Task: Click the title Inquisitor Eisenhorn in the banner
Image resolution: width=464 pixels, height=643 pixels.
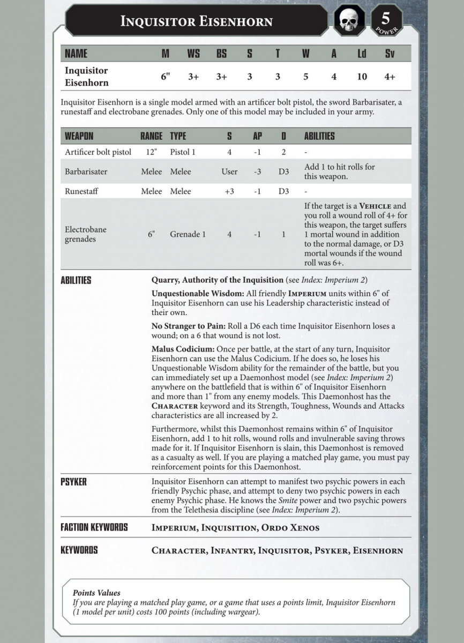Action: (196, 21)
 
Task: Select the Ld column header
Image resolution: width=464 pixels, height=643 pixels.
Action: (362, 54)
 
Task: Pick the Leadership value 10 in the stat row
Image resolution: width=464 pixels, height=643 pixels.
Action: (362, 77)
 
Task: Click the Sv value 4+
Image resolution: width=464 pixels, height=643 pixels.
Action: (390, 77)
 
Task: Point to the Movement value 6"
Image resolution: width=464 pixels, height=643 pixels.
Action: (166, 77)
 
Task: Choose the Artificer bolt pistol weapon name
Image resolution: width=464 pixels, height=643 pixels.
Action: (98, 152)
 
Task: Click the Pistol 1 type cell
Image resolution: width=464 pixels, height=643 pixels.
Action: (183, 152)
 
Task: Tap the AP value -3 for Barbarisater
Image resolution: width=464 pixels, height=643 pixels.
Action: (257, 172)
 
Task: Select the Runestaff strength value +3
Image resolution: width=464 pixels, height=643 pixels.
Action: (229, 191)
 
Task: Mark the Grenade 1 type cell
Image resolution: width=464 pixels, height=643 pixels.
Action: (188, 234)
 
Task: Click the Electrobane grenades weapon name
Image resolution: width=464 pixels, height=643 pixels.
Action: (86, 234)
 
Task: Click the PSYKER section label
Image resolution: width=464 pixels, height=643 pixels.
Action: (74, 482)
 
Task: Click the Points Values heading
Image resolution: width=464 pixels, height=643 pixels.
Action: (96, 593)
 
